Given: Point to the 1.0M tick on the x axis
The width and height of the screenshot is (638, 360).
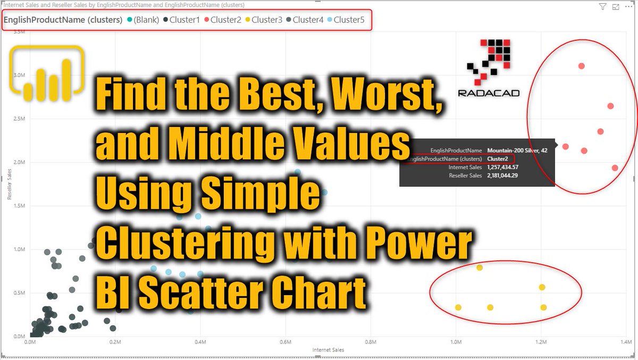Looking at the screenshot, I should click(x=456, y=342).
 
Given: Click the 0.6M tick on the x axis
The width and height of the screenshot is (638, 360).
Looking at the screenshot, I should click(x=286, y=342).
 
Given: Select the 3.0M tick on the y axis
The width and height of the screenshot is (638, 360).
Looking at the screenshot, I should click(x=20, y=75).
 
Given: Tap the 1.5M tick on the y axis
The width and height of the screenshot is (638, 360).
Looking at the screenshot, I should click(x=20, y=206).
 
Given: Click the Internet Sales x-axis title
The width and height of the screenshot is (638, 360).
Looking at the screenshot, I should click(x=328, y=350).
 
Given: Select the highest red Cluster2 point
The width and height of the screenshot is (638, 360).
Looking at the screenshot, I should click(x=582, y=66).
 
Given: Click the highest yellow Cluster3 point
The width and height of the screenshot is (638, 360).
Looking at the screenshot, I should click(x=480, y=267).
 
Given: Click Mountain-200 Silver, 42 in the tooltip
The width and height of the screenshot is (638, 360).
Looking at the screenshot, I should click(x=517, y=150).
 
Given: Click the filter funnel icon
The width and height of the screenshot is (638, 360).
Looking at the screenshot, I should click(x=602, y=7).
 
